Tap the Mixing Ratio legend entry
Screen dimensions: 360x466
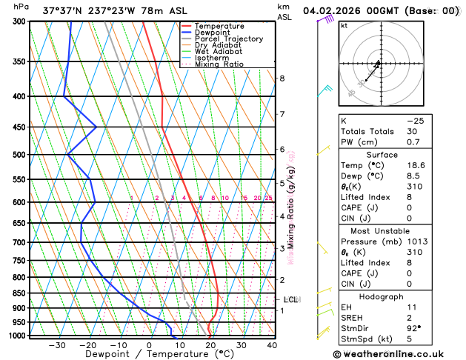[x=219, y=64]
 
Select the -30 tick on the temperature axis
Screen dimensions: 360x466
[x=56, y=345]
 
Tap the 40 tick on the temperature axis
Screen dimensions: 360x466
[x=272, y=345]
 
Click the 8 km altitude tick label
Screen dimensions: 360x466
[x=282, y=79]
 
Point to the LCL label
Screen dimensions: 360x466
[x=290, y=300]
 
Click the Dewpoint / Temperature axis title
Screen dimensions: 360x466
[x=149, y=355]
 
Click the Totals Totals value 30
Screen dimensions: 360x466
[x=410, y=131]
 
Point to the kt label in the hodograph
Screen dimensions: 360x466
[x=344, y=25]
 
